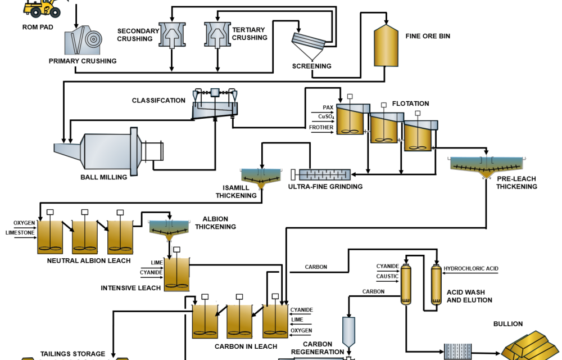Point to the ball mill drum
point(107,151)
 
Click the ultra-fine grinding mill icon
point(324,174)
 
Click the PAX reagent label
point(328,107)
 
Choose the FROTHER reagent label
point(321,128)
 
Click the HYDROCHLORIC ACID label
point(471,269)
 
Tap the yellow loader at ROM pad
point(42,7)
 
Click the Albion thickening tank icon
point(169,228)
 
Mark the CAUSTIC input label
point(387,276)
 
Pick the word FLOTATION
point(411,103)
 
